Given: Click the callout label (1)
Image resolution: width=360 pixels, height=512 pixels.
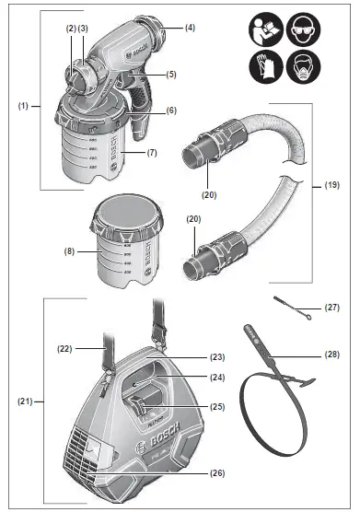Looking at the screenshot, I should (x=23, y=107).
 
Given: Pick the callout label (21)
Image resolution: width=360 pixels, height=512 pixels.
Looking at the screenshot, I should (x=24, y=401).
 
